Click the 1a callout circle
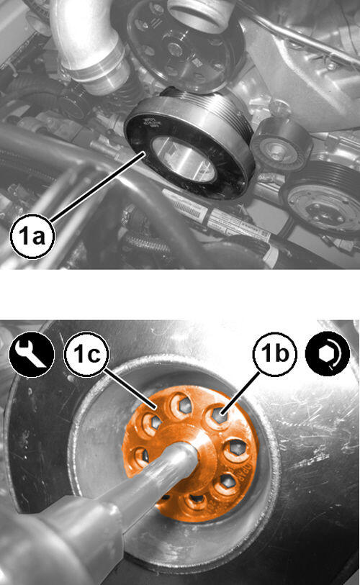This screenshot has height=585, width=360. pyautogui.click(x=32, y=236)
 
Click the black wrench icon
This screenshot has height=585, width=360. pyautogui.click(x=32, y=354)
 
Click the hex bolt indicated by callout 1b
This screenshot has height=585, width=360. pyautogui.click(x=217, y=415)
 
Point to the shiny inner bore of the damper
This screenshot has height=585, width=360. pyautogui.click(x=184, y=159)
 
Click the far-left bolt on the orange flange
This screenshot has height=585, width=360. pyautogui.click(x=140, y=456)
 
